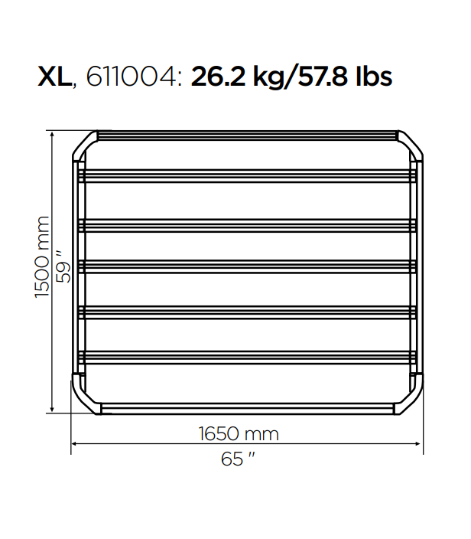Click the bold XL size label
tap(54, 77)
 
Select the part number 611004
tap(131, 77)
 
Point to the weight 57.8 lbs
tap(345, 77)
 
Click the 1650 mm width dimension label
tap(239, 434)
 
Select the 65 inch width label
tap(238, 459)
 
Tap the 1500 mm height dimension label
tap(42, 257)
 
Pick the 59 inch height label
tap(63, 267)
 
